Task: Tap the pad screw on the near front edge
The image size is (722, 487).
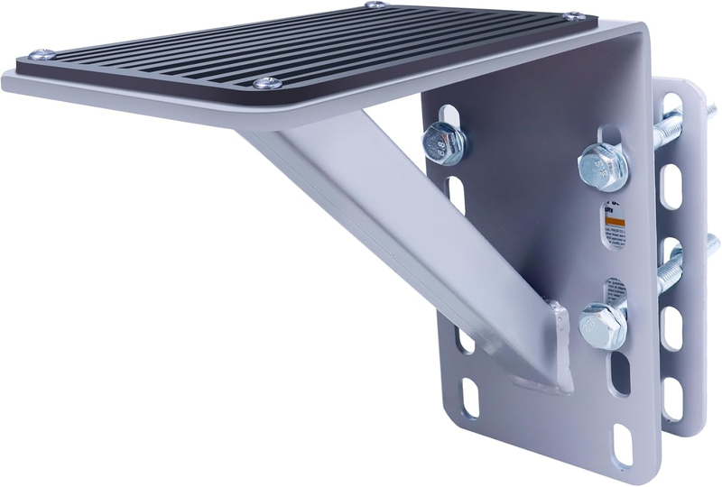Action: point(266,84)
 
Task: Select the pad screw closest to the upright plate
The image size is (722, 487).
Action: point(571,16)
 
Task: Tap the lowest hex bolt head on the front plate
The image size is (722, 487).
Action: point(603,321)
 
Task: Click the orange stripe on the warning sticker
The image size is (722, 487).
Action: point(615,221)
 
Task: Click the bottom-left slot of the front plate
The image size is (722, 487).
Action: point(470,397)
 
